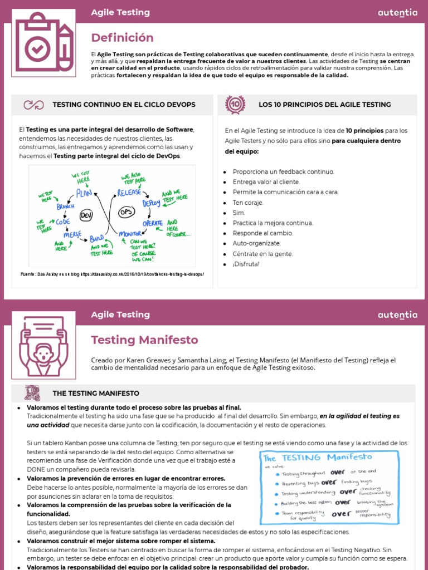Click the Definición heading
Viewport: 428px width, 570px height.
click(122, 38)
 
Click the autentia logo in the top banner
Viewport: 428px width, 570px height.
click(397, 13)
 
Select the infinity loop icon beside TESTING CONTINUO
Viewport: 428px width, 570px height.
click(33, 105)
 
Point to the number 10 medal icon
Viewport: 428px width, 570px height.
click(235, 104)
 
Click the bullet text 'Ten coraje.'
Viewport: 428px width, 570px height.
click(248, 203)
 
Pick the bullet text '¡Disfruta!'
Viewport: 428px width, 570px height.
click(246, 264)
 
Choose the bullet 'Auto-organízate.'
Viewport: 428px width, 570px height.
click(256, 243)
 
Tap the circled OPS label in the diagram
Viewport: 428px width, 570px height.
click(127, 212)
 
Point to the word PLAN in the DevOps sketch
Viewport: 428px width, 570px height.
click(84, 194)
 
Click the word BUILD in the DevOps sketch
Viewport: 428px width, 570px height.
click(98, 238)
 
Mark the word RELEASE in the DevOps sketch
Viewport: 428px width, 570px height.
click(129, 193)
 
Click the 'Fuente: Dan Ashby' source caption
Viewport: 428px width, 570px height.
click(112, 274)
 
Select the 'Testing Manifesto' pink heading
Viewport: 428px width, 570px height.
click(144, 340)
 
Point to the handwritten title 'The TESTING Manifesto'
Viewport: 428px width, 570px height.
click(318, 458)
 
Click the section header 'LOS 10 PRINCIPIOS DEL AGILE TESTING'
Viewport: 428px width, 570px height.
click(324, 105)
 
